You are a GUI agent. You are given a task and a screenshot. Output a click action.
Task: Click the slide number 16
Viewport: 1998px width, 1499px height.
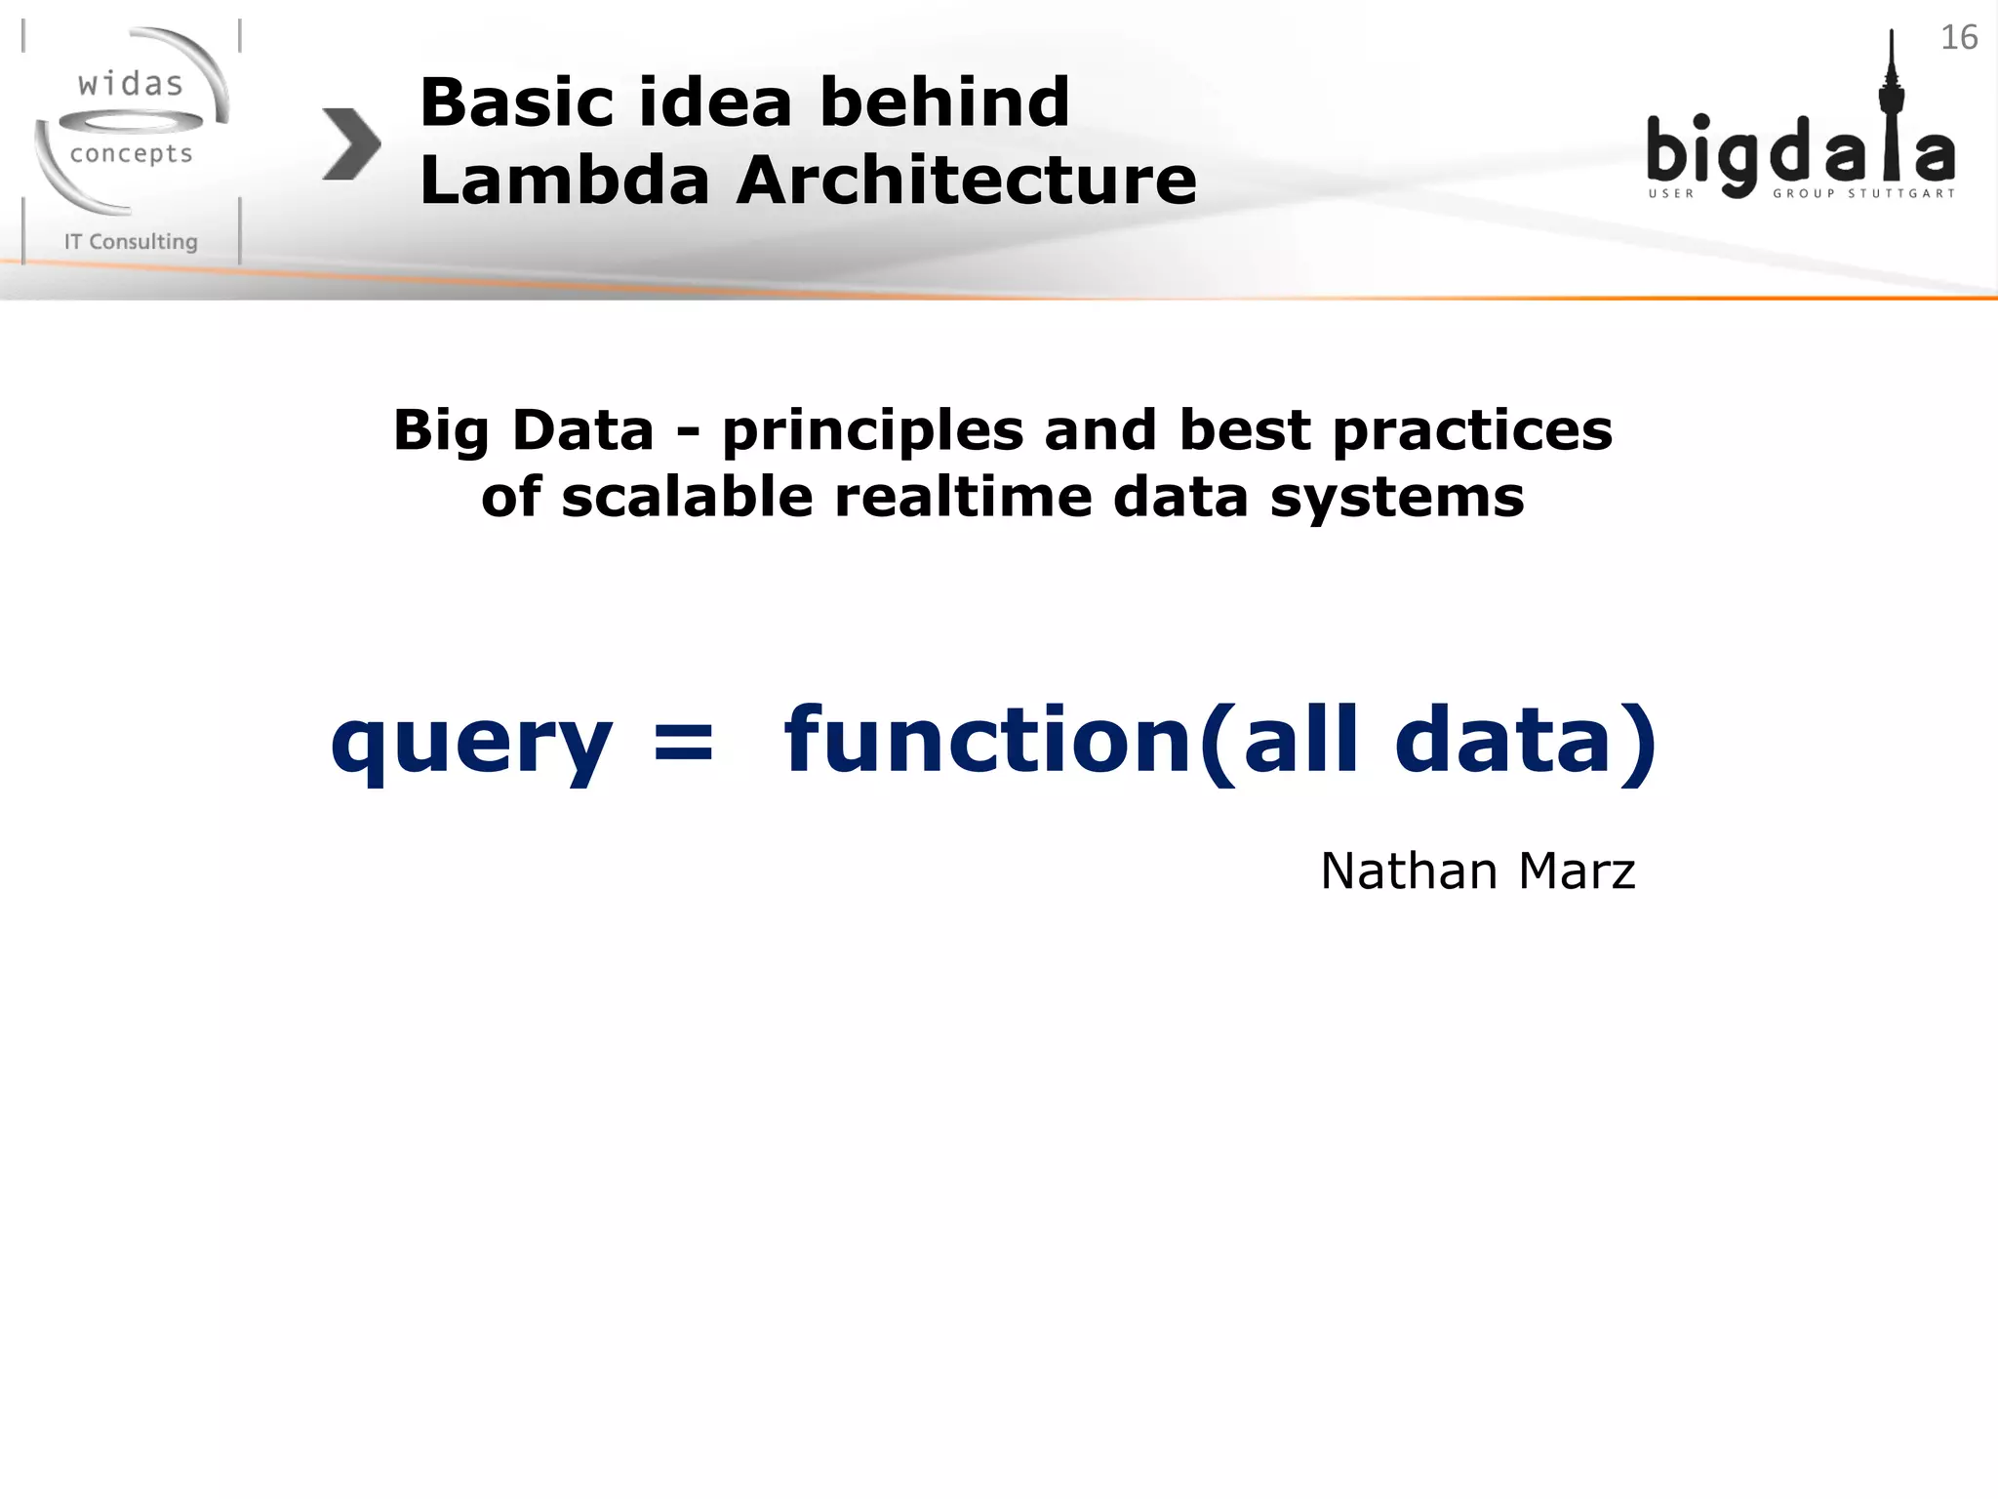(1958, 37)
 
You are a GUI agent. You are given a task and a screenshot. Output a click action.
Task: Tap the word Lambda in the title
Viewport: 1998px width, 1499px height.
(564, 182)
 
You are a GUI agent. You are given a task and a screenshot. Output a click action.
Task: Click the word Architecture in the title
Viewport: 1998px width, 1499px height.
(966, 182)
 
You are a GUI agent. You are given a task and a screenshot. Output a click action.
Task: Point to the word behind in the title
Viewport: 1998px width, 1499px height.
(944, 102)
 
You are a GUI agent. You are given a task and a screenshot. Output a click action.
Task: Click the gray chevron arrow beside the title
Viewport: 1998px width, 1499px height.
(351, 144)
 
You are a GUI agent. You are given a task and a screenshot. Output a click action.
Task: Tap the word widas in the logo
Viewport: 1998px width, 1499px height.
(131, 85)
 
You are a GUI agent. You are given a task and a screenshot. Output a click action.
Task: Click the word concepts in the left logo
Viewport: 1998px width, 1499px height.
(131, 154)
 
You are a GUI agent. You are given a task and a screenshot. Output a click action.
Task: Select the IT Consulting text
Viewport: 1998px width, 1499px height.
(131, 242)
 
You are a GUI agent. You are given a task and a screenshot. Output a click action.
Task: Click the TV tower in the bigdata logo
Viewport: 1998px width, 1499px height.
(1891, 107)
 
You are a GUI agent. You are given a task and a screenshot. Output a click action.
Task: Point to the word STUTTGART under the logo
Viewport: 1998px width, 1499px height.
(1901, 193)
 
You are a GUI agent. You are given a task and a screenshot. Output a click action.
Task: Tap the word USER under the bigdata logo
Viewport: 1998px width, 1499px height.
(1671, 193)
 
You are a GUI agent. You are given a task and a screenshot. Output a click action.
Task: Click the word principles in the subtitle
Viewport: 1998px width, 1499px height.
(872, 431)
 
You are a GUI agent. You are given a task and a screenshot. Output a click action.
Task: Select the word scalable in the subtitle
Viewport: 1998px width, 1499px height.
(687, 498)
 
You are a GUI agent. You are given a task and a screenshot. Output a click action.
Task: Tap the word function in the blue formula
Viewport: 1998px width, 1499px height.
(987, 740)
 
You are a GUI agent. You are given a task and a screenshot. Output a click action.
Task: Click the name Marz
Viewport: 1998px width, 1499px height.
(1577, 871)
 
